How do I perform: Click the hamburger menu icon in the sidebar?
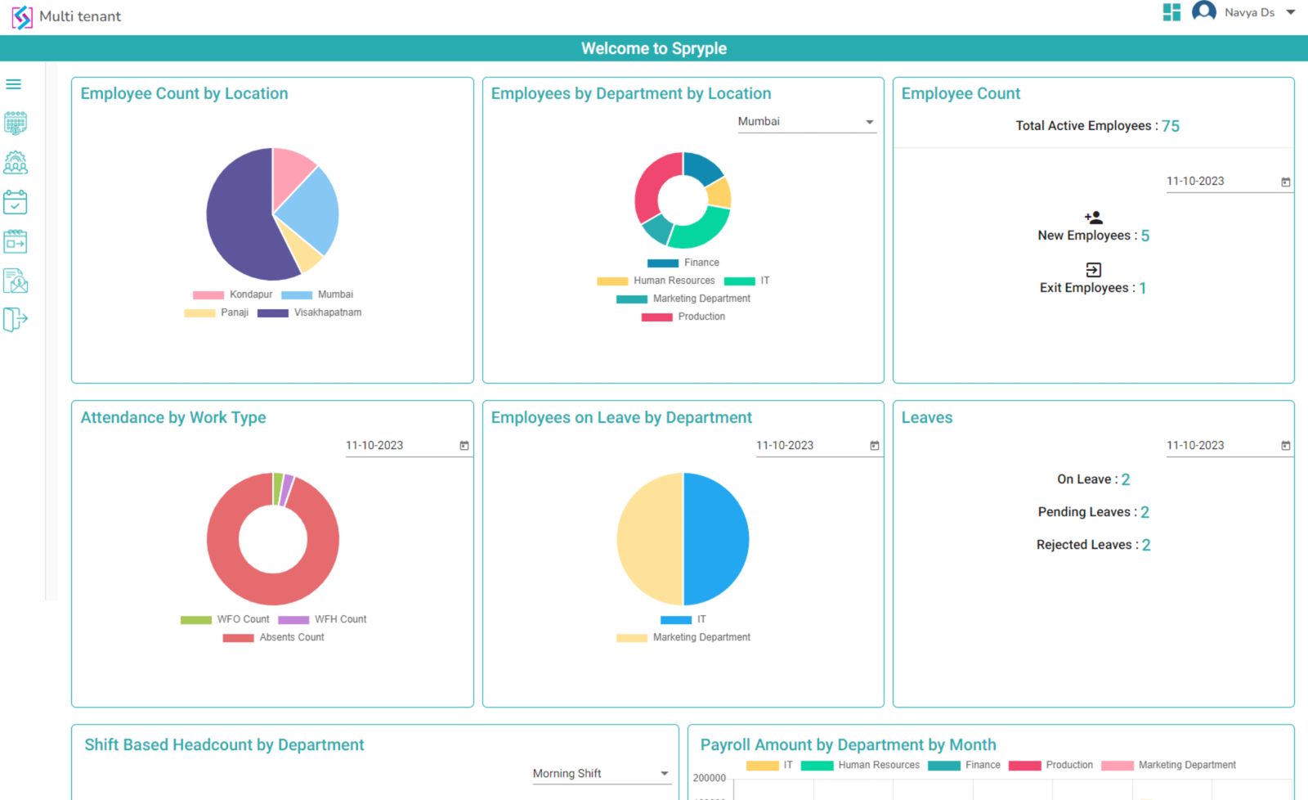pyautogui.click(x=14, y=84)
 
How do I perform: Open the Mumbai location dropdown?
pyautogui.click(x=806, y=122)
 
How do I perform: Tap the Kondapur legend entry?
pyautogui.click(x=233, y=294)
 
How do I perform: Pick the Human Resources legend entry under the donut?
pyautogui.click(x=656, y=281)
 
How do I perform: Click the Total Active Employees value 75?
pyautogui.click(x=1171, y=126)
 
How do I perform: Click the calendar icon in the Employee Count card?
pyautogui.click(x=1285, y=182)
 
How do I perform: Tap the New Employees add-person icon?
pyautogui.click(x=1093, y=218)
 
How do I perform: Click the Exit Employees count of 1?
pyautogui.click(x=1143, y=288)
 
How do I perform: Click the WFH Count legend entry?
pyautogui.click(x=323, y=619)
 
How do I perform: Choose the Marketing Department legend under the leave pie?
pyautogui.click(x=683, y=637)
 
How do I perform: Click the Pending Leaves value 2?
pyautogui.click(x=1144, y=512)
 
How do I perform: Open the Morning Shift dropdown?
pyautogui.click(x=601, y=774)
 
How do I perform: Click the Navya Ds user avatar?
pyautogui.click(x=1203, y=11)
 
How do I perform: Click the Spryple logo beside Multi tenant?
pyautogui.click(x=22, y=16)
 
